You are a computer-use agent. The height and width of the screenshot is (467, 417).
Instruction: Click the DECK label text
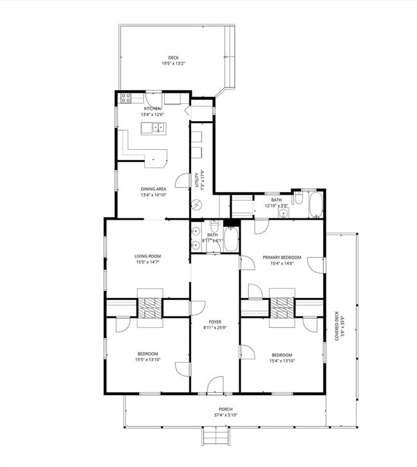tap(173, 58)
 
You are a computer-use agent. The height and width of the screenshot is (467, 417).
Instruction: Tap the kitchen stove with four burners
tap(126, 99)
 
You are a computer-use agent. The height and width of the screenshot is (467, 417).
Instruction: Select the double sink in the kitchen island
tap(157, 127)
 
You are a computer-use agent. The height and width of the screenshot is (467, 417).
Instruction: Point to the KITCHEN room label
tap(153, 109)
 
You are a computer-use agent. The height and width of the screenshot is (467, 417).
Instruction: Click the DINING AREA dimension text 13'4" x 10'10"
tap(154, 195)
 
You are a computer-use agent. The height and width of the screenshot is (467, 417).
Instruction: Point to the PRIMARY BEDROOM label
tap(282, 258)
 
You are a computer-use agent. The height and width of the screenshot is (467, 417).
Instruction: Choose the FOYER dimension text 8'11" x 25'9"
tap(215, 328)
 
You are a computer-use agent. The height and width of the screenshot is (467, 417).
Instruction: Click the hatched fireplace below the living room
tap(151, 307)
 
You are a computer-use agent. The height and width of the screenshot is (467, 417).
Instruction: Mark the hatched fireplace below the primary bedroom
tap(282, 307)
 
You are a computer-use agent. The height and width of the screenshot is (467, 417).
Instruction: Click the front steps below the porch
tap(216, 438)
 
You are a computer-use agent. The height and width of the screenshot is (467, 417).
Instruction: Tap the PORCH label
tap(225, 409)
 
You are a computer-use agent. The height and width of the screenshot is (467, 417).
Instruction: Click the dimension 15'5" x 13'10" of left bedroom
tap(148, 360)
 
